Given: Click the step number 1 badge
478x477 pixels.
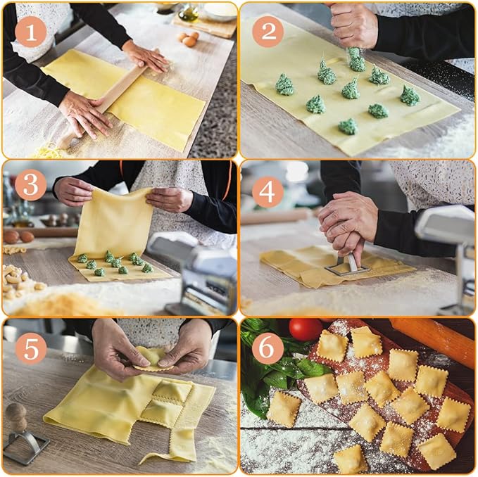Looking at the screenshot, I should (x=30, y=31).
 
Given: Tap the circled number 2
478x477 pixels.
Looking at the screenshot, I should (x=268, y=31).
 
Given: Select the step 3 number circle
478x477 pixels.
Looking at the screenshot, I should (x=30, y=185).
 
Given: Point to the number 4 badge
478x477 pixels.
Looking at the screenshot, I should (x=268, y=191).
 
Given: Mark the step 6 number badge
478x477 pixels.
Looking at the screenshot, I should (x=268, y=348).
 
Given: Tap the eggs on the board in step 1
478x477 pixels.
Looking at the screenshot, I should (x=187, y=38).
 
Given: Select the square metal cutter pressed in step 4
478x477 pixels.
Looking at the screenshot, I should (x=346, y=265).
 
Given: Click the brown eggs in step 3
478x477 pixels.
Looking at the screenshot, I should (x=19, y=236).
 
